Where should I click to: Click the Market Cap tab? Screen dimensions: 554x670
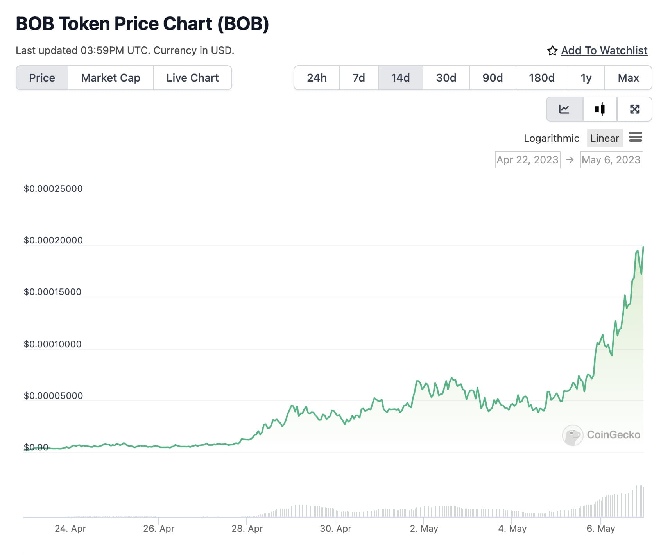click(111, 78)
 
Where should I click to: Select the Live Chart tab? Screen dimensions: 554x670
click(192, 78)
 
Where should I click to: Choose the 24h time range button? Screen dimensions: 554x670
click(317, 78)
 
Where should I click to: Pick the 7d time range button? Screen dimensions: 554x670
click(358, 78)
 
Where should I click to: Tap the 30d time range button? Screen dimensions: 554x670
click(446, 78)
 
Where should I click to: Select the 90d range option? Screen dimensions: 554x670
click(493, 78)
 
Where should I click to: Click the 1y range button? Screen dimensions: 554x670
click(586, 78)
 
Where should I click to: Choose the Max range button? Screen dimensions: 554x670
click(628, 78)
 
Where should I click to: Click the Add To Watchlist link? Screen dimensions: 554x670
click(604, 50)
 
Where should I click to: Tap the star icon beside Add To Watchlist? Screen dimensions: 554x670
click(552, 51)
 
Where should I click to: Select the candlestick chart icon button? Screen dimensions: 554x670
click(600, 109)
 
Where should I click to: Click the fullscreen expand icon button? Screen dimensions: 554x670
click(634, 109)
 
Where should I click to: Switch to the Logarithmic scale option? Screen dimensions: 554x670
click(551, 138)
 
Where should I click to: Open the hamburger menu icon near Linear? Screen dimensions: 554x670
click(635, 137)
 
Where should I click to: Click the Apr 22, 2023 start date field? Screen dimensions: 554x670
click(527, 160)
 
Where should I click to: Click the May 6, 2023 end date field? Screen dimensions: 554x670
click(611, 160)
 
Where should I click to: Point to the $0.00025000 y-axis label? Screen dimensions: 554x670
click(53, 189)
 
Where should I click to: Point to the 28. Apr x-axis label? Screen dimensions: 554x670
click(247, 529)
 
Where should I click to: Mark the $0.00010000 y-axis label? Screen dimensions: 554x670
click(53, 344)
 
